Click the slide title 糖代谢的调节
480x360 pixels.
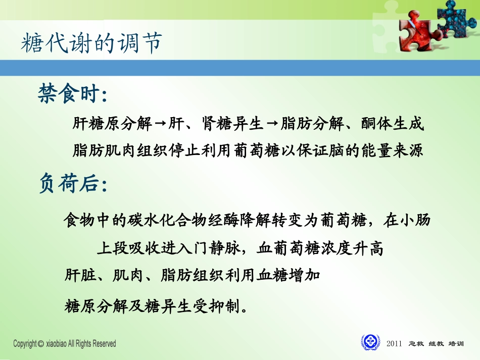click(91, 44)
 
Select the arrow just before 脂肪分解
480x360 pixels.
click(272, 124)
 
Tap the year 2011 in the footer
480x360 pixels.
click(394, 344)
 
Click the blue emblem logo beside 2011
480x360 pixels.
click(371, 342)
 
